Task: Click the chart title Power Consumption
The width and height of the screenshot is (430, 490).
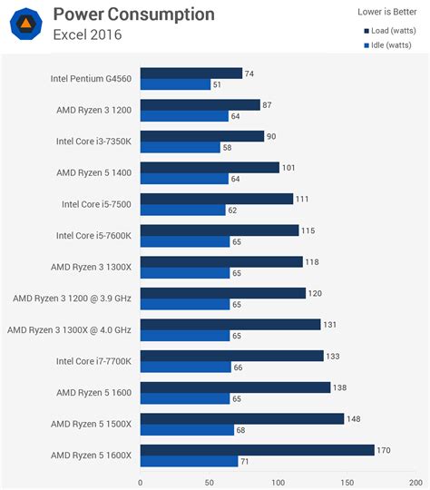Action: (133, 15)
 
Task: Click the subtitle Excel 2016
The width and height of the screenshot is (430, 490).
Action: (87, 34)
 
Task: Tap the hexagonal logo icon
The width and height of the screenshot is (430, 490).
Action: (26, 24)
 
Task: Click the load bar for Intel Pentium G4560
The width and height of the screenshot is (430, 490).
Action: (191, 73)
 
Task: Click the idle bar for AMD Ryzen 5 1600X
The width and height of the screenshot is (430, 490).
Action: (189, 461)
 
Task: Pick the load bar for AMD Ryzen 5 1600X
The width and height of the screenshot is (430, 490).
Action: (257, 450)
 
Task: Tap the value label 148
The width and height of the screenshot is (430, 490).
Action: (355, 418)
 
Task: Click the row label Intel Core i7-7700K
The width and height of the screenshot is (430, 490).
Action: (93, 361)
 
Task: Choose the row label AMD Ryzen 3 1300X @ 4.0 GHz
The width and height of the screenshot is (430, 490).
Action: (69, 329)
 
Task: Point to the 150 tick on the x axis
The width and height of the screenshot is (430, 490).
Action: (347, 482)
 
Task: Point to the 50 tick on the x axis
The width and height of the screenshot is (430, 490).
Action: (210, 482)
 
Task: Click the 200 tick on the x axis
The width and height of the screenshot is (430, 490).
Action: (416, 482)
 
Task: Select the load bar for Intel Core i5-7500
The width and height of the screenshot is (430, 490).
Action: (216, 199)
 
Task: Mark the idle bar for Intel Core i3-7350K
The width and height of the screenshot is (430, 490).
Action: (180, 147)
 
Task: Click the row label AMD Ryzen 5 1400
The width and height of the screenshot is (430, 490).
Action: (93, 172)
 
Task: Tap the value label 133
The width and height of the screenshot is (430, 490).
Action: (334, 356)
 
